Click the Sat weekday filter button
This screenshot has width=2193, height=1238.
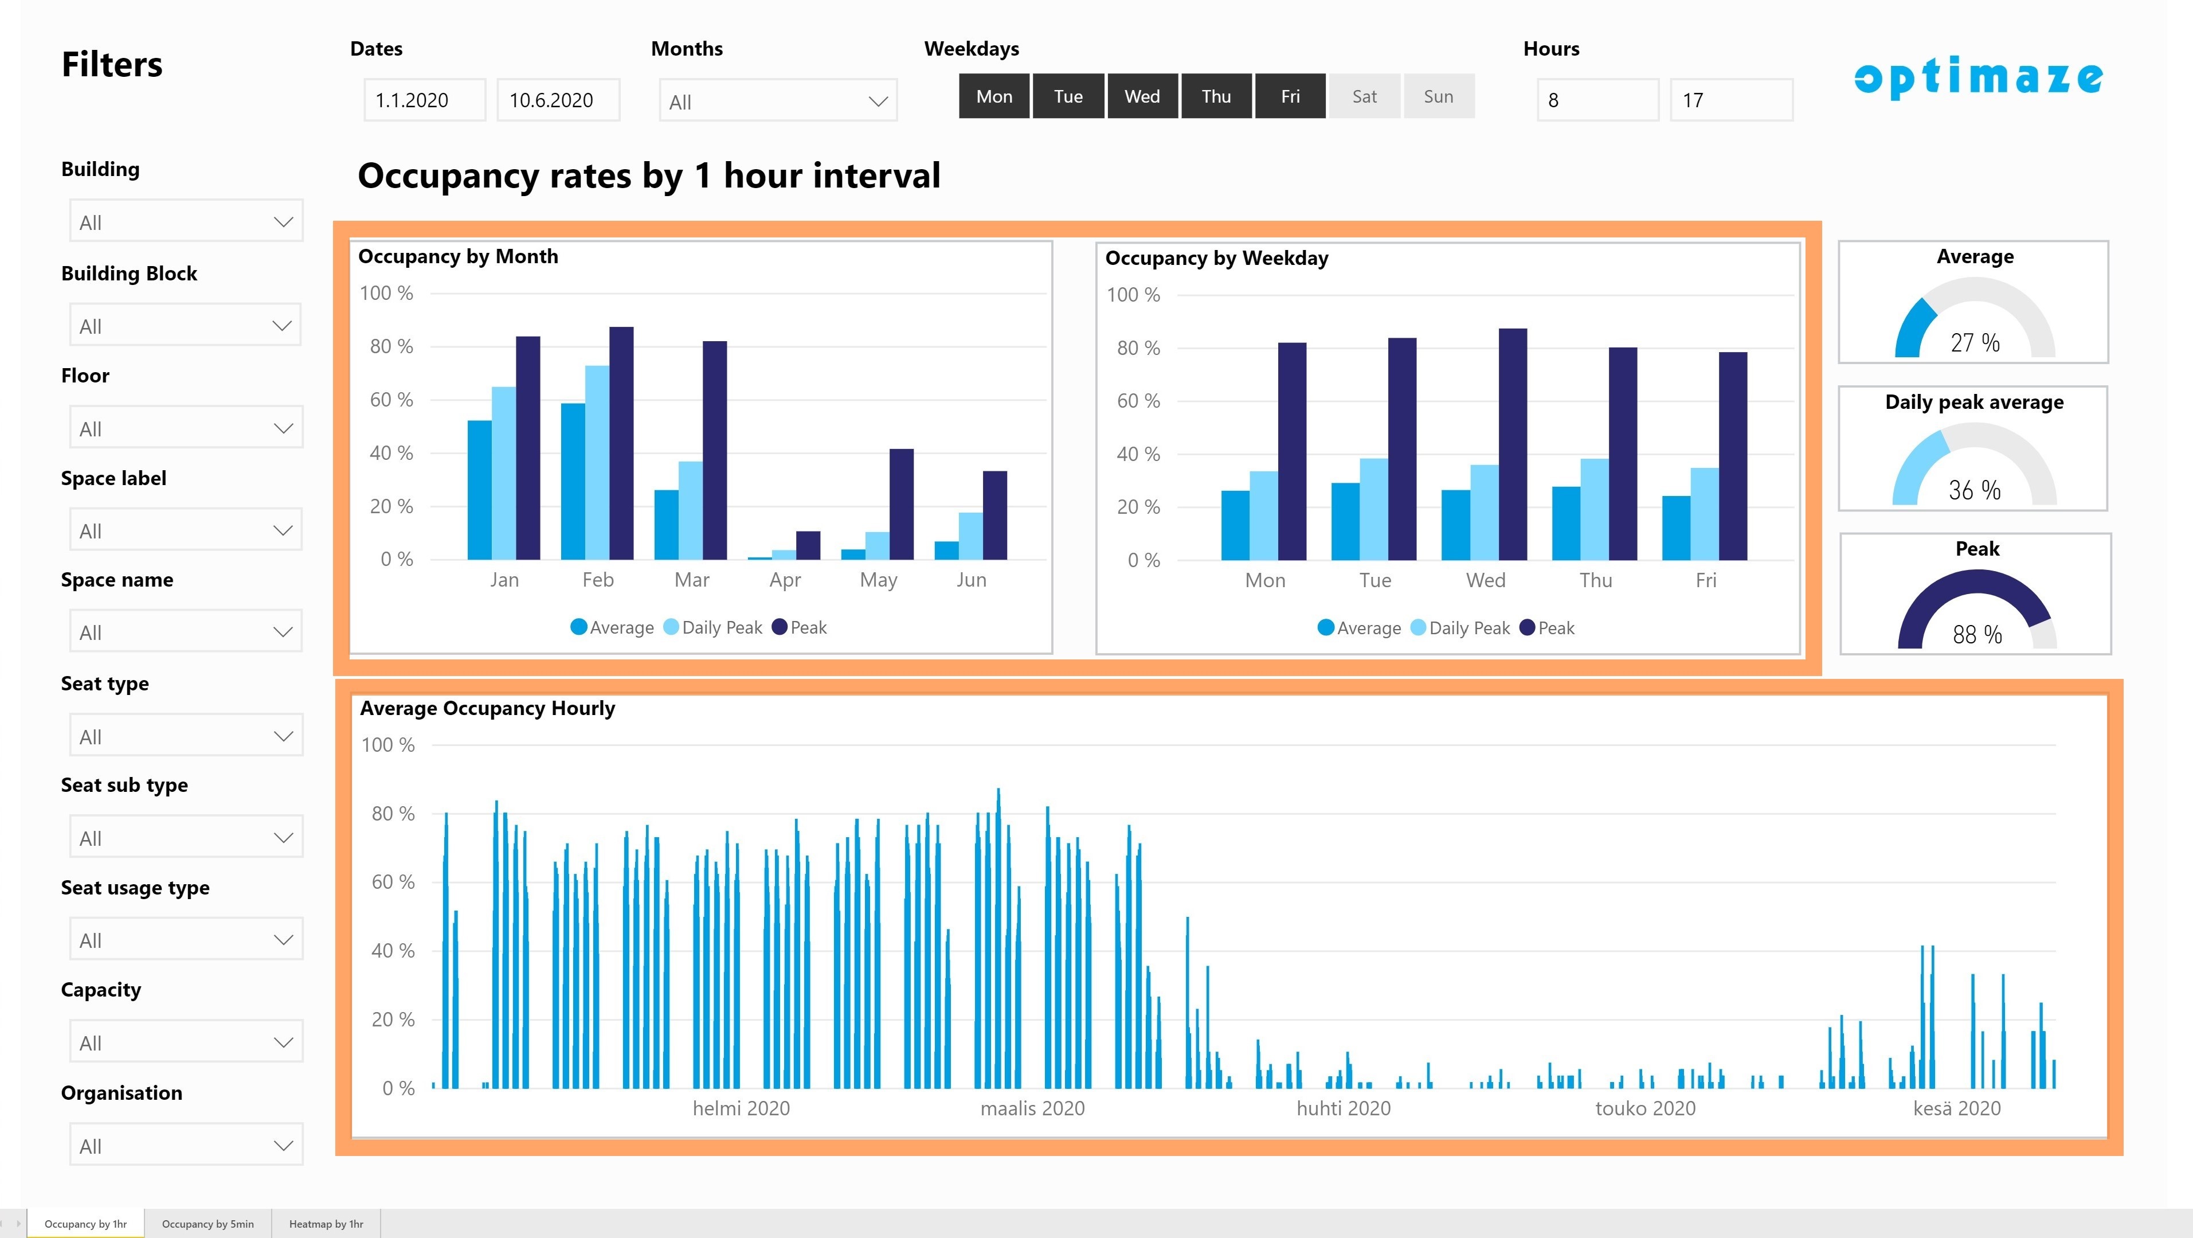[1365, 96]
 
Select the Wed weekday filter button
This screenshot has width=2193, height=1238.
[1142, 96]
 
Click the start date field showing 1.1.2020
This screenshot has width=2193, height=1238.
[425, 100]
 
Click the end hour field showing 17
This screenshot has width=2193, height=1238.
[1732, 100]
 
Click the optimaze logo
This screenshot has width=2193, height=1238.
[1979, 77]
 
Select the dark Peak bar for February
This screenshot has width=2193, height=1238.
[621, 443]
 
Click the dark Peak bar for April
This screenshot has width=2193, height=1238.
[808, 545]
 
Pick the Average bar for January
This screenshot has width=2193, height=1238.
[479, 490]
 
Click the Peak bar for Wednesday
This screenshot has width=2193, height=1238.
[1513, 444]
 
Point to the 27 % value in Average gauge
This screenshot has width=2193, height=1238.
[1975, 342]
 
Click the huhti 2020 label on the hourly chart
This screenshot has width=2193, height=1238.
[1344, 1108]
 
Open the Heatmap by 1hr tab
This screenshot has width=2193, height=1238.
[326, 1224]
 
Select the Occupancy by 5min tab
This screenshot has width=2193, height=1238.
[207, 1224]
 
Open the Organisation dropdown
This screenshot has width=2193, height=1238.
[186, 1145]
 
